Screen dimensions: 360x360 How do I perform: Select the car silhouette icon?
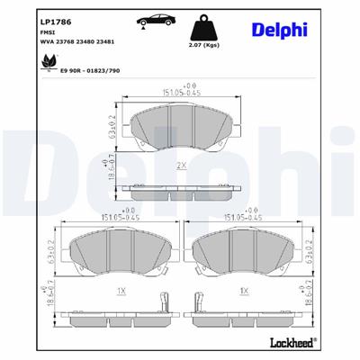pos(154,21)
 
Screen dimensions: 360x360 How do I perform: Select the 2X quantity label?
pos(181,166)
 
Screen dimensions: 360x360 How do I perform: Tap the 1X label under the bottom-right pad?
pos(244,291)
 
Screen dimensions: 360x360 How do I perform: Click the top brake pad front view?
pos(180,130)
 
